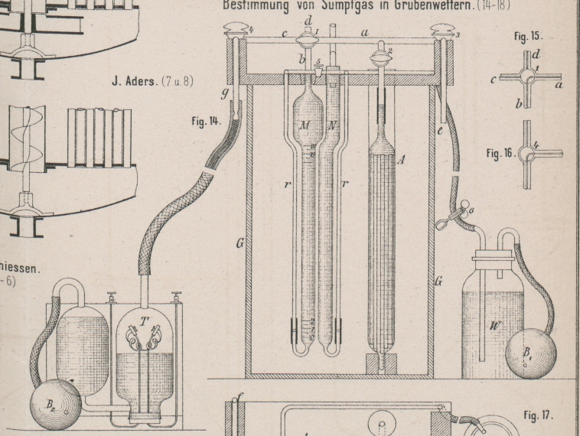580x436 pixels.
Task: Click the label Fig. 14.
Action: click(x=208, y=122)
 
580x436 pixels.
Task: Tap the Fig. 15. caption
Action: click(x=529, y=36)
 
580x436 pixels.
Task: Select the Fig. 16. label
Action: click(x=501, y=152)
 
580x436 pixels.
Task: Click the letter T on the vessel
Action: click(x=143, y=320)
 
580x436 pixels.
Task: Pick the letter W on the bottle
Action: click(x=494, y=326)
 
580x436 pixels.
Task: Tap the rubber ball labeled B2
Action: click(x=55, y=403)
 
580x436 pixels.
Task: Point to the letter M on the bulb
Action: click(x=305, y=125)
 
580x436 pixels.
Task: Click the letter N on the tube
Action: click(x=331, y=125)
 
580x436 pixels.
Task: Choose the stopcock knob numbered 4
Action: click(x=233, y=32)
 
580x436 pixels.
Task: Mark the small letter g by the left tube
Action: click(x=226, y=93)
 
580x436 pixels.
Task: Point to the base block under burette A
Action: click(x=381, y=363)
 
